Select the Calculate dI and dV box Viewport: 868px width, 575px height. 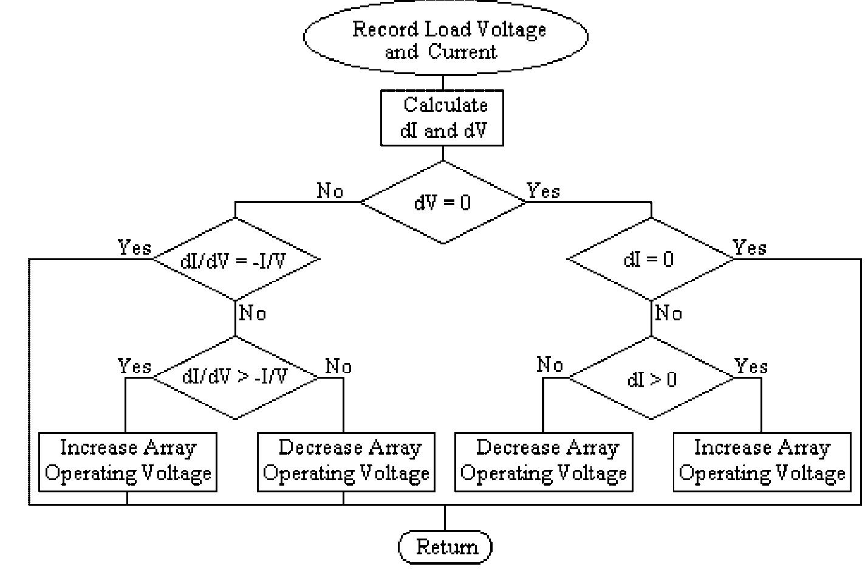pyautogui.click(x=442, y=117)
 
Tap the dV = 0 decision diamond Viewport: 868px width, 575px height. pyautogui.click(x=443, y=202)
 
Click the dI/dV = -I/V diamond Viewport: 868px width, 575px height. pyautogui.click(x=236, y=260)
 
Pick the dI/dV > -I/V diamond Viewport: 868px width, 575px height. pyautogui.click(x=236, y=377)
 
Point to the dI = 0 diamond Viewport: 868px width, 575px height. pyautogui.click(x=651, y=259)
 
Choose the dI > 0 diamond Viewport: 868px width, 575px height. pyautogui.click(x=651, y=379)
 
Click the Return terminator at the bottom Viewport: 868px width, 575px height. pyautogui.click(x=445, y=546)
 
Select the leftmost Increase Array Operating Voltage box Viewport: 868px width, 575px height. pyautogui.click(x=128, y=461)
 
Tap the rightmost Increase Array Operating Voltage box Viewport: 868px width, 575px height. pyautogui.click(x=762, y=461)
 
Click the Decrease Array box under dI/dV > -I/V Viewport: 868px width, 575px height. pyautogui.click(x=346, y=461)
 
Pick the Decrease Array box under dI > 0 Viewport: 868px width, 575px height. pyautogui.click(x=544, y=461)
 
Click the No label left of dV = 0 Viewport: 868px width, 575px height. pyautogui.click(x=330, y=191)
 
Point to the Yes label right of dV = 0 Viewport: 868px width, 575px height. pyautogui.click(x=543, y=191)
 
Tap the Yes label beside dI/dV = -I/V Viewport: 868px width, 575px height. pyautogui.click(x=134, y=247)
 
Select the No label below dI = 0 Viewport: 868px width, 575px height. pyautogui.click(x=669, y=313)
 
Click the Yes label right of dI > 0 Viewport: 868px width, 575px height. pyautogui.click(x=751, y=366)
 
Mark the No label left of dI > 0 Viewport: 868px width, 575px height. pyautogui.click(x=550, y=365)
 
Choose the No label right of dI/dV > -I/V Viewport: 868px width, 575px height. pyautogui.click(x=338, y=366)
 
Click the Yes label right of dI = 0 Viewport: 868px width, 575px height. pyautogui.click(x=750, y=247)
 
